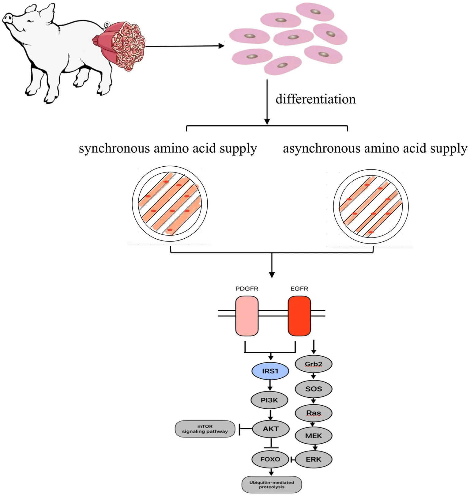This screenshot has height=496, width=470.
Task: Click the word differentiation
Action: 315,99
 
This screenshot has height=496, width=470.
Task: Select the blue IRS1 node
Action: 270,371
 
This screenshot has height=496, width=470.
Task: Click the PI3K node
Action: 269,400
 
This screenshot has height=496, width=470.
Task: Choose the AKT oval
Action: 271,429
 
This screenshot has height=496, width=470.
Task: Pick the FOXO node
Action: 270,459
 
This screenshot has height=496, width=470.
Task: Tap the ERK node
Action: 314,459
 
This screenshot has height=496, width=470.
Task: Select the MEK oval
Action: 314,436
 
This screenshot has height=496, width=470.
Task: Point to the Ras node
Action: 314,413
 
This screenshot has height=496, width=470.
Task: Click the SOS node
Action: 314,389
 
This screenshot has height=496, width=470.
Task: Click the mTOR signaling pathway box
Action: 205,429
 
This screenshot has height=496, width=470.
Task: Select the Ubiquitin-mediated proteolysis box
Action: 272,484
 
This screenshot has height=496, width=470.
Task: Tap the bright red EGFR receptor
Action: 299,316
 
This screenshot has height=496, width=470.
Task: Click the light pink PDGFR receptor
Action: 247,316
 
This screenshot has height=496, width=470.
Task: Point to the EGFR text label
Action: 299,289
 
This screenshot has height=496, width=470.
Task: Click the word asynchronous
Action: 321,149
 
